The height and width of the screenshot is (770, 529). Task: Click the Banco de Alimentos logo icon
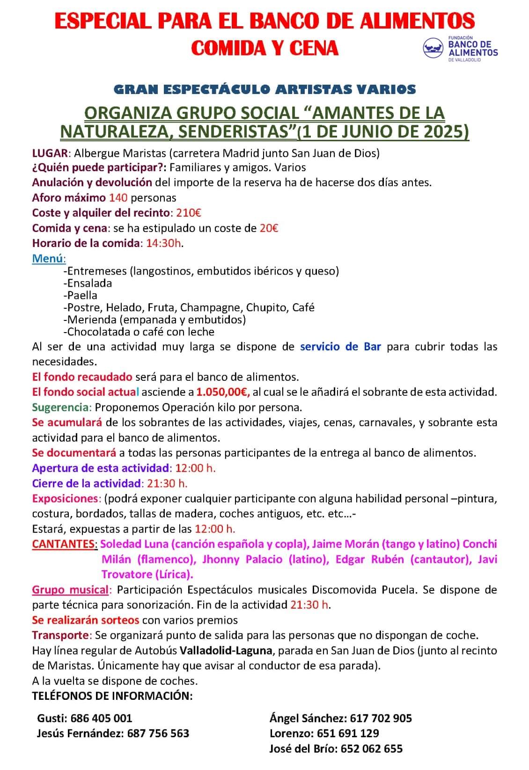pyautogui.click(x=433, y=48)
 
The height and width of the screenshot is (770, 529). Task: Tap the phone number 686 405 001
pyautogui.click(x=102, y=718)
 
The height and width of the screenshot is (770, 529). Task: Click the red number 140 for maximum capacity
pyautogui.click(x=118, y=198)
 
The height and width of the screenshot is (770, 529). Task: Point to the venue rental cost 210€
pyautogui.click(x=189, y=213)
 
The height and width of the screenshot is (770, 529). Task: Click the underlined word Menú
pyautogui.click(x=49, y=258)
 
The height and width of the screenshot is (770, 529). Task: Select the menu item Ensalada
pyautogui.click(x=88, y=283)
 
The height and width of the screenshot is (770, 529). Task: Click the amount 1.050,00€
pyautogui.click(x=223, y=392)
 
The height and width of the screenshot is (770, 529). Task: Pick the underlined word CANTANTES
pyautogui.click(x=64, y=544)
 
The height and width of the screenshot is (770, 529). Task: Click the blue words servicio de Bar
pyautogui.click(x=340, y=347)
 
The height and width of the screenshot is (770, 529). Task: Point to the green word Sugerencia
pyautogui.click(x=60, y=407)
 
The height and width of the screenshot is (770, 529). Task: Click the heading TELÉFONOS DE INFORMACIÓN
pyautogui.click(x=112, y=696)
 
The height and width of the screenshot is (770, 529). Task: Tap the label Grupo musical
pyautogui.click(x=70, y=590)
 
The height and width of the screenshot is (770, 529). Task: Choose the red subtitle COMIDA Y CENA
pyautogui.click(x=265, y=48)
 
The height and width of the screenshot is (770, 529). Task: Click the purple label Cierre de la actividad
pyautogui.click(x=86, y=483)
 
